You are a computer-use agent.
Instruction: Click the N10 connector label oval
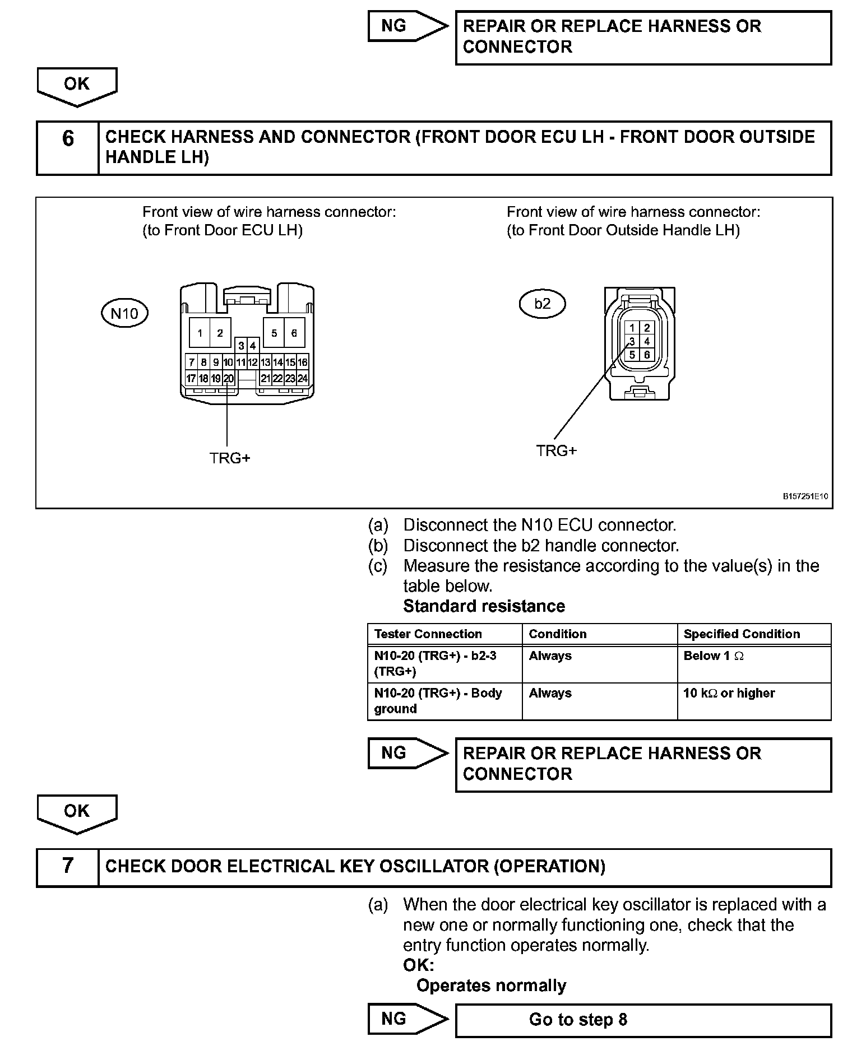point(124,313)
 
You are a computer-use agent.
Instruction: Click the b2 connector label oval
point(542,304)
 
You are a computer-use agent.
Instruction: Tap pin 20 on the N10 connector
point(228,379)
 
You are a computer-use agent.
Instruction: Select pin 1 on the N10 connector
point(200,333)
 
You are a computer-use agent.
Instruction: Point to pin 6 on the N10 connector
point(294,333)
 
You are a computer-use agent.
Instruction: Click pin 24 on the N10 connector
point(302,379)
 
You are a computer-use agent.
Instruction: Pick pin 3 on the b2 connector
point(632,341)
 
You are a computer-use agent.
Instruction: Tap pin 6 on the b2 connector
point(647,355)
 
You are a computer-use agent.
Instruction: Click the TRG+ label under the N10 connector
point(230,458)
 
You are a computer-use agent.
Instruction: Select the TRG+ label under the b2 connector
point(556,450)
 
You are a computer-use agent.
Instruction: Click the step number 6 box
point(68,148)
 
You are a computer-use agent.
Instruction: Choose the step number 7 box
point(68,866)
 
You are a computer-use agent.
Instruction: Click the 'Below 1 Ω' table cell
point(753,663)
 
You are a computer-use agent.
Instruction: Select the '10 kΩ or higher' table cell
point(753,700)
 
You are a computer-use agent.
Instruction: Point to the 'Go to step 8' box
point(643,1019)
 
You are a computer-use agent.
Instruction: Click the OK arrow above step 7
point(77,813)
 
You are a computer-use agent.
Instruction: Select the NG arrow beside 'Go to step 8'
point(406,1019)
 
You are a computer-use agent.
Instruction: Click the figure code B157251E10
point(805,496)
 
